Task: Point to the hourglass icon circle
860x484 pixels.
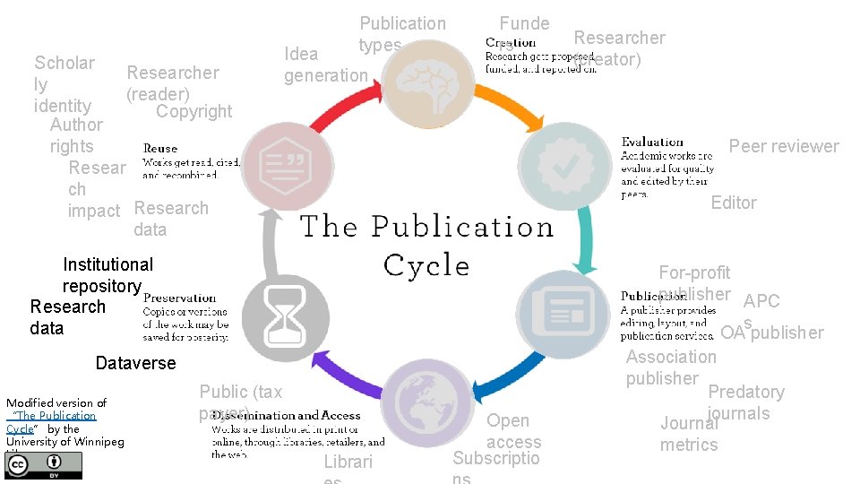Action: (x=286, y=315)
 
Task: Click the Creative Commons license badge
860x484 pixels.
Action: (x=44, y=464)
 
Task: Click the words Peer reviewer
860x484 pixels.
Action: (x=784, y=146)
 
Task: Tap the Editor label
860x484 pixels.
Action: (x=734, y=203)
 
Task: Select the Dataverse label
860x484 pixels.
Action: (x=135, y=363)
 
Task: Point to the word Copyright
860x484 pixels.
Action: (x=193, y=111)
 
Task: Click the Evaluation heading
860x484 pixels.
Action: (x=652, y=142)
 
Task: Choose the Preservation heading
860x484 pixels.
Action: (x=179, y=298)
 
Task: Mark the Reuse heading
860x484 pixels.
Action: (x=160, y=148)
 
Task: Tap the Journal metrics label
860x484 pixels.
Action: (x=689, y=434)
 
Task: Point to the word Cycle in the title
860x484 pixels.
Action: (x=426, y=265)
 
